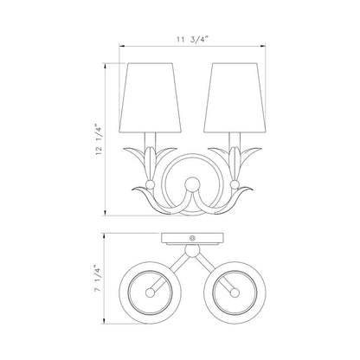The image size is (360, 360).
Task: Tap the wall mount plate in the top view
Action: [191, 239]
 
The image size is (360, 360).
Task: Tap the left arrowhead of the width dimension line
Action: [121, 48]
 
